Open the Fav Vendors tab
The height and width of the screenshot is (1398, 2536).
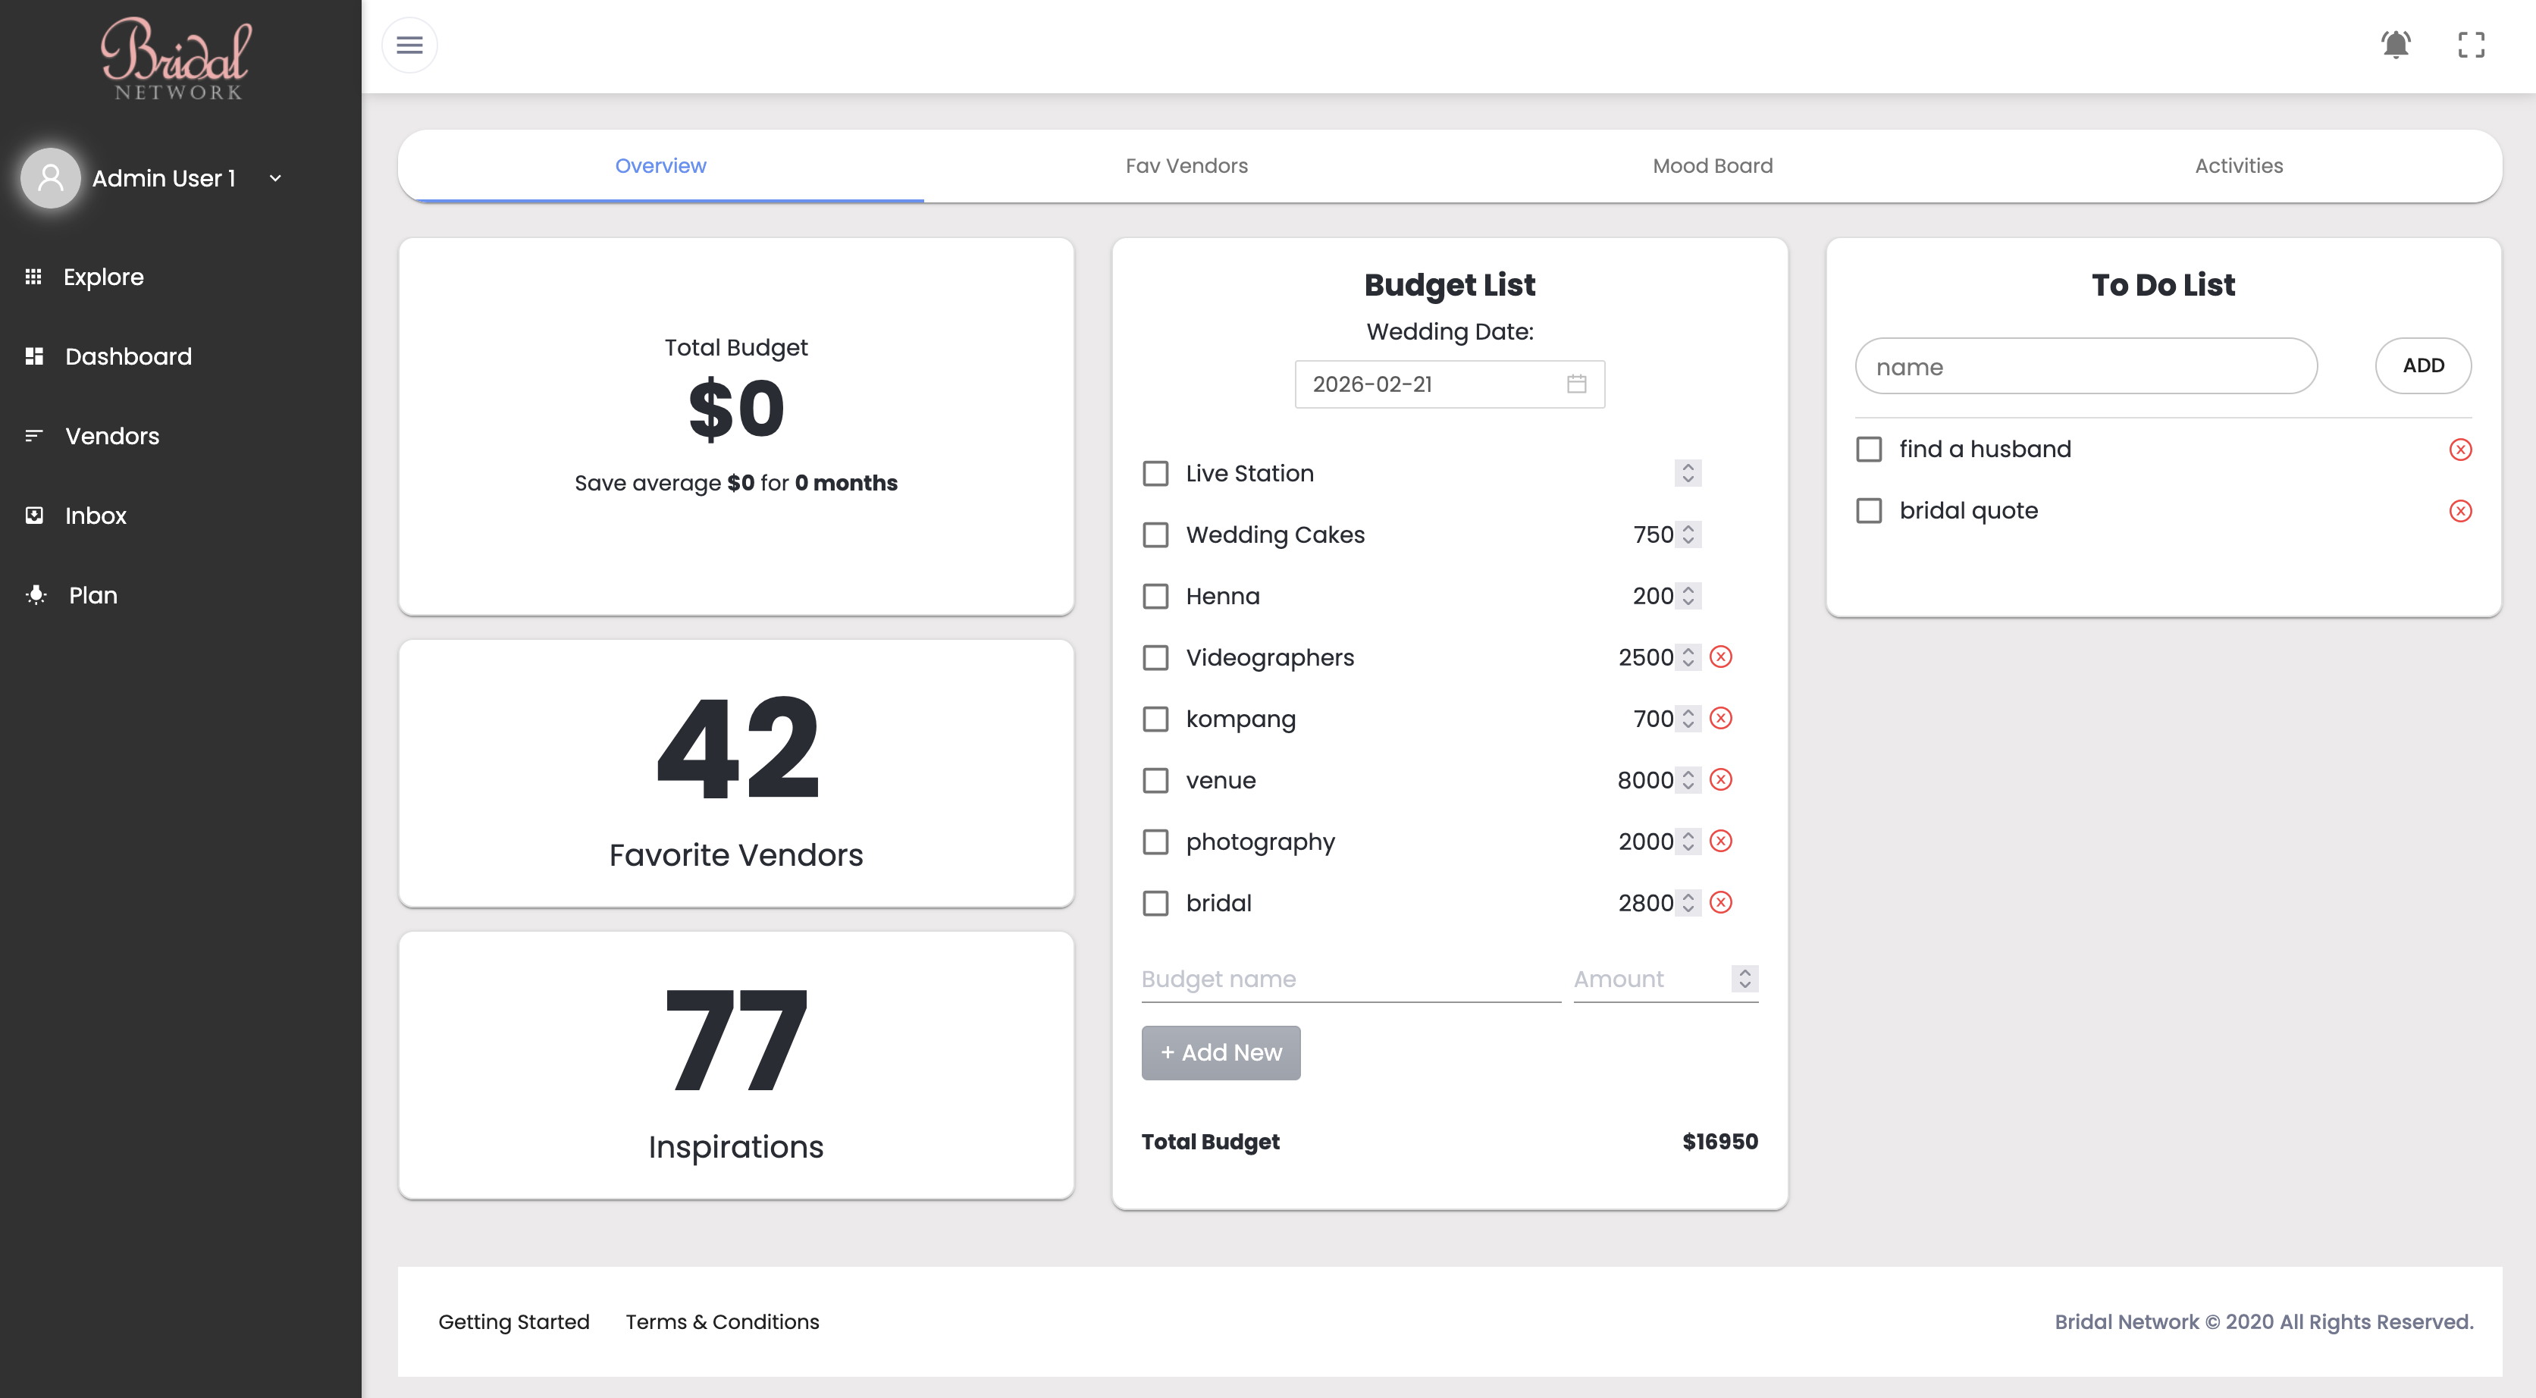click(x=1186, y=165)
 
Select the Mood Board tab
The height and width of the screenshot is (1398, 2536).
click(x=1712, y=165)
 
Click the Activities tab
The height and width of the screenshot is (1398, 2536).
click(x=2239, y=165)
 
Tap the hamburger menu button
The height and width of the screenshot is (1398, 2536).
click(x=409, y=45)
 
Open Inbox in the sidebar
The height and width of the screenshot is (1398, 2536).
click(x=96, y=515)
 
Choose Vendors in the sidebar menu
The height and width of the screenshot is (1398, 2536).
click(x=111, y=435)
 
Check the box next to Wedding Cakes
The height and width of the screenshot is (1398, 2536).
click(x=1155, y=534)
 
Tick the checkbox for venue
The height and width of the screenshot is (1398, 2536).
click(x=1155, y=781)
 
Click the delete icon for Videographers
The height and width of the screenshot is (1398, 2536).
click(x=1721, y=657)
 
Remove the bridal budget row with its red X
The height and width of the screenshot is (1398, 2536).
click(x=1721, y=903)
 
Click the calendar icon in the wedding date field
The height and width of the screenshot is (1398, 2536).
click(x=1576, y=384)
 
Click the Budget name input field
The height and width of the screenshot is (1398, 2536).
click(x=1351, y=980)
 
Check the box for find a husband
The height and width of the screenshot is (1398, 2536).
click(x=1869, y=450)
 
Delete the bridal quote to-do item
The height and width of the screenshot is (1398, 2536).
click(x=2460, y=511)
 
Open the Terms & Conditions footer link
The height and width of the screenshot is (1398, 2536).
click(x=722, y=1321)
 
